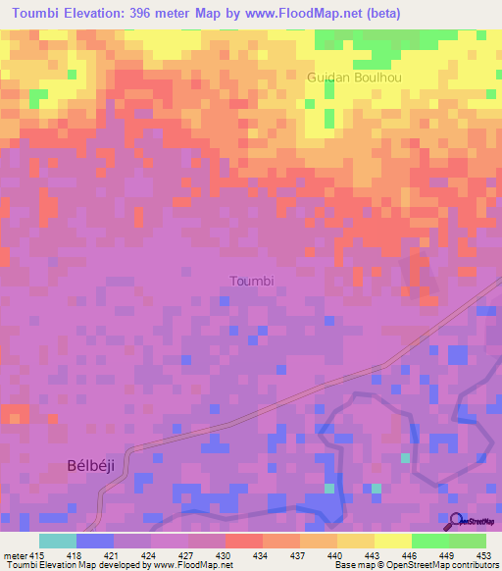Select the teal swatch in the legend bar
pos(57,541)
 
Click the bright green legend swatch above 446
pos(430,541)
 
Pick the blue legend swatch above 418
pos(94,541)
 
